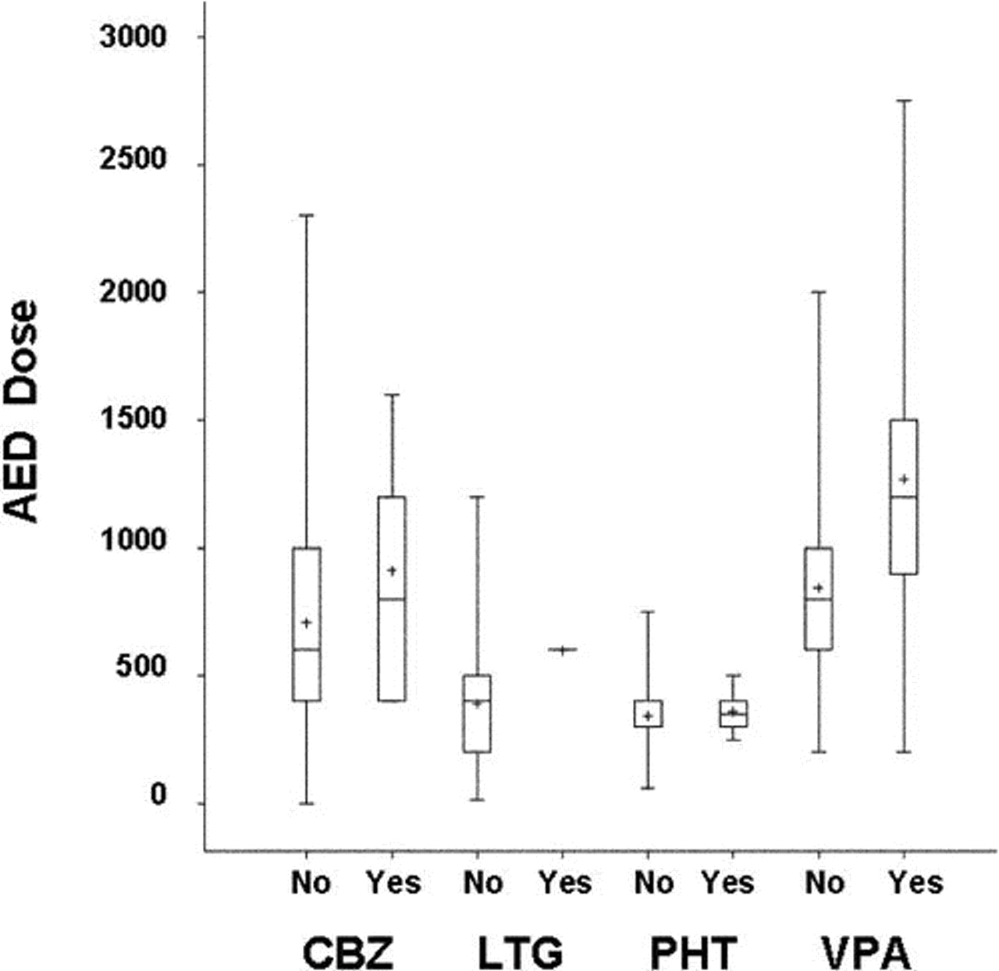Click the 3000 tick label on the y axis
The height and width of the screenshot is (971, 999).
tap(133, 37)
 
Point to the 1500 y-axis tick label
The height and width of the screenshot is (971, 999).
tap(133, 419)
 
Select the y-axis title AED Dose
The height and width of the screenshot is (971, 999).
tap(21, 411)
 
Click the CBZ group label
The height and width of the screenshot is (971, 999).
tap(348, 952)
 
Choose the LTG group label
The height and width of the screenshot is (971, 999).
tap(520, 952)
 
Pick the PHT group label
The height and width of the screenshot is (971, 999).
tap(693, 952)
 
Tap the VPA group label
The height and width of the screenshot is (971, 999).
tap(866, 952)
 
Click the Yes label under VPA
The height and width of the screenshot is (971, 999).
tap(915, 883)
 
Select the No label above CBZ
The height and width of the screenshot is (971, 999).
tap(311, 883)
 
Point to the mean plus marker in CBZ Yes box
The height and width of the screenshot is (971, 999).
tap(392, 571)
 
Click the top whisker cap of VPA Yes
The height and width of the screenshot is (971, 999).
tap(904, 101)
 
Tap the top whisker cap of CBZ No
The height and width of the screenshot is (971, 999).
tap(307, 215)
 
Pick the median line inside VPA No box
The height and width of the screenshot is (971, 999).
tap(819, 599)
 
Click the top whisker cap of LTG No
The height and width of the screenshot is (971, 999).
tap(477, 496)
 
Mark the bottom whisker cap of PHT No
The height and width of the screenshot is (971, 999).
tap(648, 788)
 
